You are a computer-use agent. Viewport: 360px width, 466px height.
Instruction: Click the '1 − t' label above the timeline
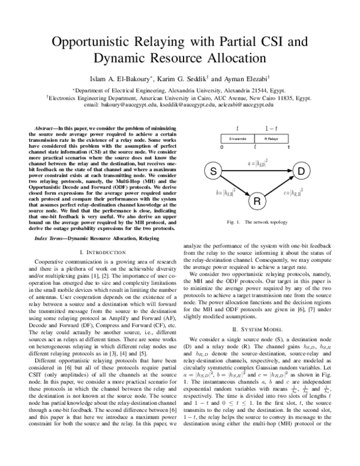coord(272,128)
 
